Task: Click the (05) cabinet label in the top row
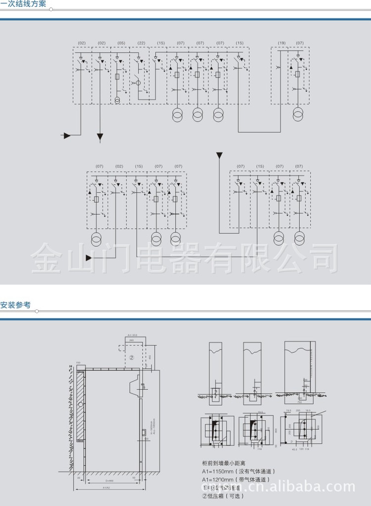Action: tap(121, 43)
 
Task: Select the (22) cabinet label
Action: tap(141, 43)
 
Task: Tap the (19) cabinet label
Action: tap(281, 43)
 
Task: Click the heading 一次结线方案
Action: tap(24, 4)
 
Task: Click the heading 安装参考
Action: tap(16, 305)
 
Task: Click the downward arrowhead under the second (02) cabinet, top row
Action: tap(100, 136)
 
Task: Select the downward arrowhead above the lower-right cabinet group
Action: tap(219, 156)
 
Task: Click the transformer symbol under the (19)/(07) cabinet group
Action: tap(298, 116)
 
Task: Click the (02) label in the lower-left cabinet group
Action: tap(119, 167)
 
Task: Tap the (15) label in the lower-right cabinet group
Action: tap(260, 167)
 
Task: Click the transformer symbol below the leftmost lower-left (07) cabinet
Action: tap(96, 240)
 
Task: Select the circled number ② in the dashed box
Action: tap(132, 357)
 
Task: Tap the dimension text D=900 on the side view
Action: tap(109, 480)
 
